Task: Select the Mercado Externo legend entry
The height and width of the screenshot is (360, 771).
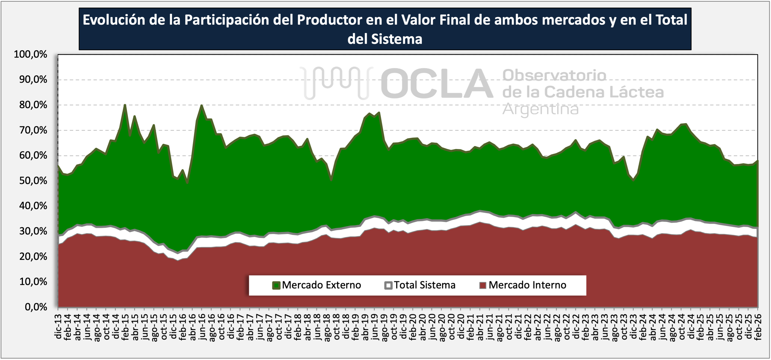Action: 317,285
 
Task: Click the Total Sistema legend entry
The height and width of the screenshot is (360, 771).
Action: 420,285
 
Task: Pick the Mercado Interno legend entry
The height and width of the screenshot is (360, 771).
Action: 523,285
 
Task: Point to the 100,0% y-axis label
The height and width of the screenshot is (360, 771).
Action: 31,54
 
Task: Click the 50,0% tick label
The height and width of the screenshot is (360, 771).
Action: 33,181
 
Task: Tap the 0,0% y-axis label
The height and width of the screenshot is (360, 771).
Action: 36,307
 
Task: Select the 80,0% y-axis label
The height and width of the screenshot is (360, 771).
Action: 33,105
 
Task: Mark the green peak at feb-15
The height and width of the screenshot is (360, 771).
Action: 125,105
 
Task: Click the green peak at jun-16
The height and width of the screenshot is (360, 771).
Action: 202,105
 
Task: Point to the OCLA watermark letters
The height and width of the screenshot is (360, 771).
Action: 437,83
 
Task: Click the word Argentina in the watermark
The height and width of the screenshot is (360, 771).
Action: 540,109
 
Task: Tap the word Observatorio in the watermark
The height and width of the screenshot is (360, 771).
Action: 554,75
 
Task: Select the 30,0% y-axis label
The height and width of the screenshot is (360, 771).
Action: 33,231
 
